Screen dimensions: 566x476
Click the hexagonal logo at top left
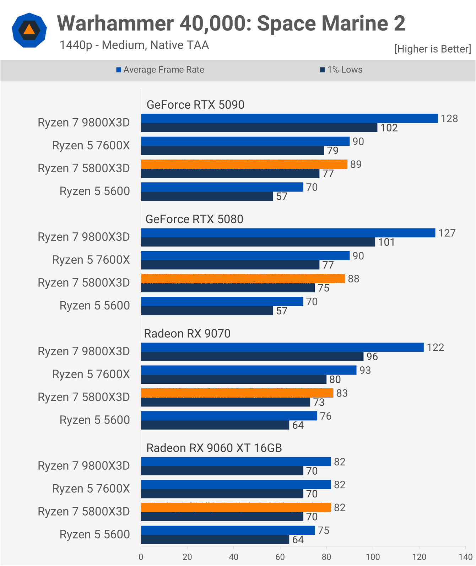pos(29,30)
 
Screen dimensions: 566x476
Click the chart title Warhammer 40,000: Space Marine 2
pos(231,23)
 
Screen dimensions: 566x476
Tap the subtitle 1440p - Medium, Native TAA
pos(134,45)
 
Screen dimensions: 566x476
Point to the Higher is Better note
pos(432,49)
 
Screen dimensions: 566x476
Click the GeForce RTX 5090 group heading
pos(195,105)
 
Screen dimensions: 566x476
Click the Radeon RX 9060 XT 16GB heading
pos(214,448)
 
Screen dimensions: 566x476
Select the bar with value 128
pos(289,118)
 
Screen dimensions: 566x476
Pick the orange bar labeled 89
pos(244,164)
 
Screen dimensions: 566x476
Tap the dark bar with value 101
pos(258,242)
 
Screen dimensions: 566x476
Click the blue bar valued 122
pos(282,347)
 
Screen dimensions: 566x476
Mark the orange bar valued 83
pos(237,393)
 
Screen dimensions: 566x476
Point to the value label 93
pos(365,370)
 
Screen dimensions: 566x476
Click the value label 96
pos(372,357)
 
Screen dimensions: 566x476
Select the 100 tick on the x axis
pos(373,557)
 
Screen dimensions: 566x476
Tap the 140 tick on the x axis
pos(465,557)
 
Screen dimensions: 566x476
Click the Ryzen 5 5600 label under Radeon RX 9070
pos(94,420)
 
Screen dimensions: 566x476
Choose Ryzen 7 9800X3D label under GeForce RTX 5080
pos(84,237)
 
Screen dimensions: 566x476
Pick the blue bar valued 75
pos(228,530)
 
